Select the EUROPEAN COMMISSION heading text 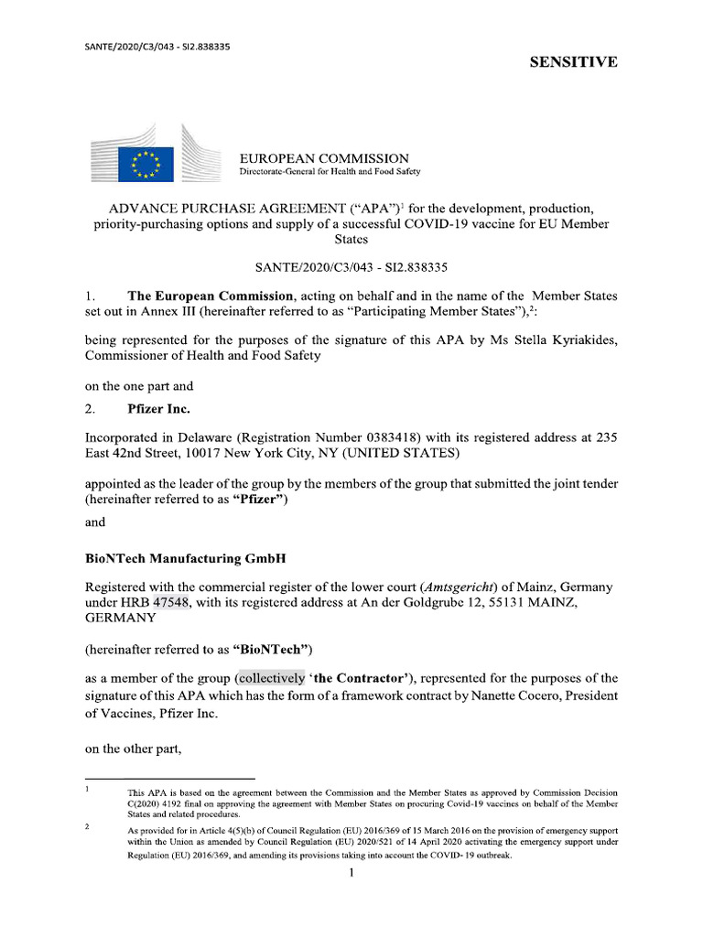point(324,158)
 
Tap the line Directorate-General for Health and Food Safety point(330,172)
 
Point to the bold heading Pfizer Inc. point(158,409)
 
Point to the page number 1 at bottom point(351,873)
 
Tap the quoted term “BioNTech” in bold point(273,651)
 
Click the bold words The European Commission point(211,296)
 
